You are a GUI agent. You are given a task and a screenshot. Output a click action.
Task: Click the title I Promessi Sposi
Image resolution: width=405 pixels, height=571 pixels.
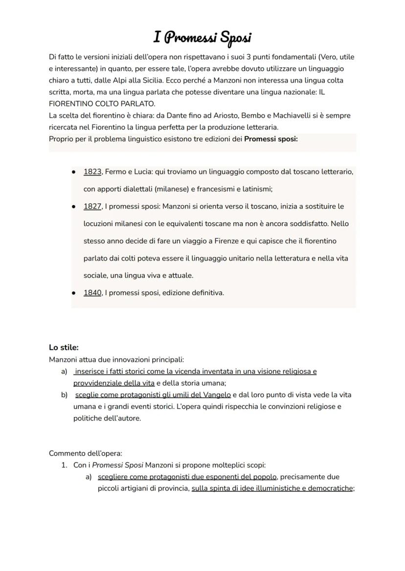pyautogui.click(x=202, y=37)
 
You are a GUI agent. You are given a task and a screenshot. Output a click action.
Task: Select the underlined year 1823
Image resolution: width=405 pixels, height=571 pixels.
pyautogui.click(x=92, y=172)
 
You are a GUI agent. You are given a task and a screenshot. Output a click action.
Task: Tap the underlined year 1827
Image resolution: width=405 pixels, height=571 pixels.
pyautogui.click(x=92, y=207)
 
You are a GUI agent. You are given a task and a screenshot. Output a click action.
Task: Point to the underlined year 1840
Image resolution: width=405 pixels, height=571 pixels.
pyautogui.click(x=92, y=293)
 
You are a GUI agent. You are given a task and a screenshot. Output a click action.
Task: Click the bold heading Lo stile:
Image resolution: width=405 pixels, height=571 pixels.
pyautogui.click(x=64, y=348)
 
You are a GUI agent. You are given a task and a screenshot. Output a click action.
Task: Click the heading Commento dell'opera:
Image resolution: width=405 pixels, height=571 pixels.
pyautogui.click(x=86, y=453)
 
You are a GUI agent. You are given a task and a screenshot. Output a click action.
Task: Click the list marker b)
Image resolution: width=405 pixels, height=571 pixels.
pyautogui.click(x=64, y=395)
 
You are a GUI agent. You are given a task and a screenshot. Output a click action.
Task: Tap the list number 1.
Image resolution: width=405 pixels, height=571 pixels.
pyautogui.click(x=64, y=465)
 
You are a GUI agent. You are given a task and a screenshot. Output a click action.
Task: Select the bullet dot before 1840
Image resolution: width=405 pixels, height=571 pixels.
pyautogui.click(x=73, y=293)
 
